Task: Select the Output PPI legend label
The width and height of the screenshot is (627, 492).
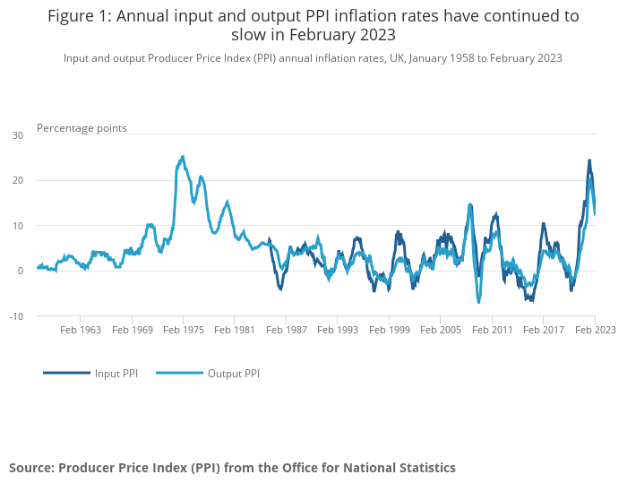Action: click(x=234, y=373)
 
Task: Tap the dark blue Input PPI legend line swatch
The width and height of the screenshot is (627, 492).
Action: click(x=66, y=373)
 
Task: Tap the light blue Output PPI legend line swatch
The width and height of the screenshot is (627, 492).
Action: click(x=179, y=373)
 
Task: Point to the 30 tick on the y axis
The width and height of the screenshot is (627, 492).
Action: click(x=18, y=135)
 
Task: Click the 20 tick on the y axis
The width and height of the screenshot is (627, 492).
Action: click(x=18, y=180)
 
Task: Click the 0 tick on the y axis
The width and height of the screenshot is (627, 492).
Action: click(x=21, y=271)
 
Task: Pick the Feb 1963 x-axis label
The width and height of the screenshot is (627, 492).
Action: click(x=81, y=330)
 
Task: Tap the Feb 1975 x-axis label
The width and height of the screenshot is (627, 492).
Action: click(x=184, y=330)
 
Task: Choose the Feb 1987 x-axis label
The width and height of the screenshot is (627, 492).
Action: click(x=286, y=330)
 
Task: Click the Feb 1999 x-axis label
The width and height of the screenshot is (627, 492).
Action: click(x=389, y=330)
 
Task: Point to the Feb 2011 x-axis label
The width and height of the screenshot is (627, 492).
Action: click(x=492, y=330)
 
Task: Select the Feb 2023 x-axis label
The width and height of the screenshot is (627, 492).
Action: click(x=595, y=330)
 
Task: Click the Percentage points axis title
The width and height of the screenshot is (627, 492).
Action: click(x=82, y=128)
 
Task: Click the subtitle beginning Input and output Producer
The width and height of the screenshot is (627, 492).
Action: click(x=313, y=58)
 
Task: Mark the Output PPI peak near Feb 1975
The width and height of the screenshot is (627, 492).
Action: click(x=183, y=157)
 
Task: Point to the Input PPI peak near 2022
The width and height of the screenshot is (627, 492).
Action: click(x=589, y=160)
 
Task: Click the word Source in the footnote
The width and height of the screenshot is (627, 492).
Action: click(x=30, y=468)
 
